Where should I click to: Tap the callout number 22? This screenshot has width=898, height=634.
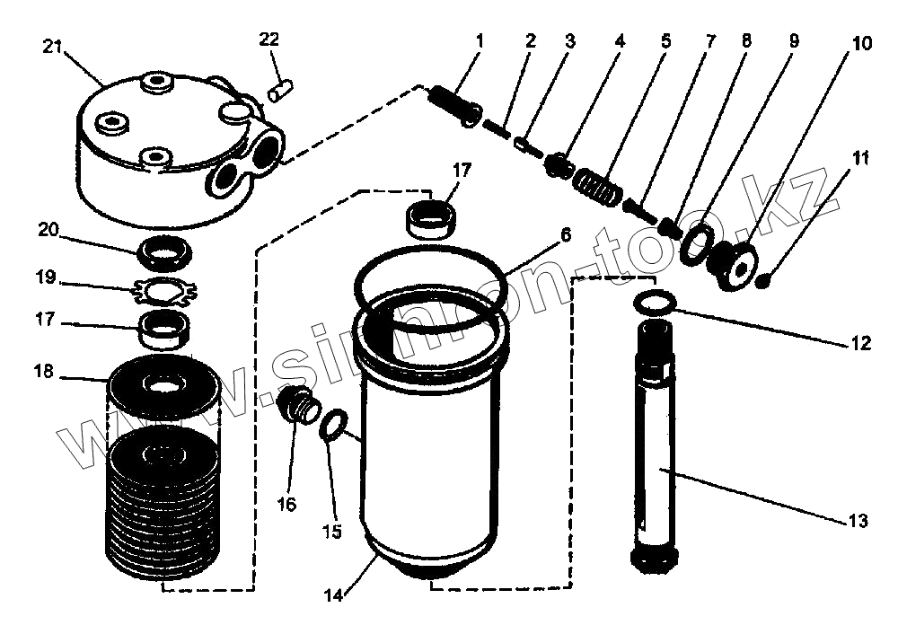coord(269,40)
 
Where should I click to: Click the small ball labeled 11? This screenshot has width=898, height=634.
coord(763,283)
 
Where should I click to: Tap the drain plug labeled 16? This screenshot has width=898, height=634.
coord(298,406)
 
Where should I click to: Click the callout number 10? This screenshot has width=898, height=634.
coord(862,43)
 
